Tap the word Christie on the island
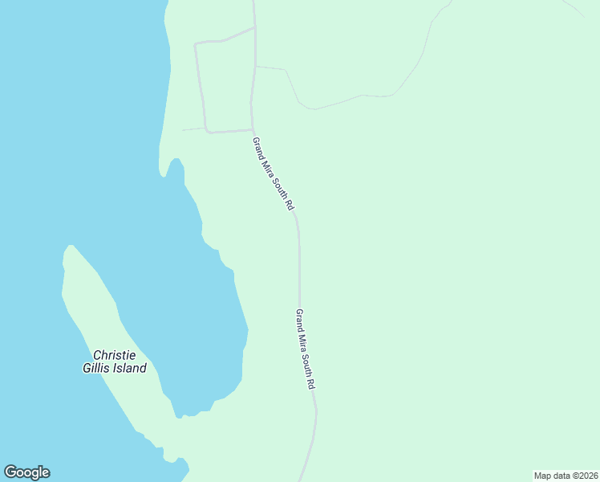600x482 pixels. point(114,355)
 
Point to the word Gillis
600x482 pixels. point(96,369)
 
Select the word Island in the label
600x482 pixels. point(129,369)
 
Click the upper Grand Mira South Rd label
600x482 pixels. point(274,174)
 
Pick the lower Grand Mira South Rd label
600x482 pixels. point(305,349)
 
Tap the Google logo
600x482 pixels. point(26,472)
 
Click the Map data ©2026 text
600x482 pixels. point(566,476)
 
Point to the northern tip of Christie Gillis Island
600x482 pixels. point(71,247)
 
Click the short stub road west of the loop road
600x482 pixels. point(193,129)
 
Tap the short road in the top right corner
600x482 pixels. point(574,7)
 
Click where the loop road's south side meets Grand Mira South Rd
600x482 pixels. point(253,129)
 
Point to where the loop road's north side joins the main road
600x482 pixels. point(255,28)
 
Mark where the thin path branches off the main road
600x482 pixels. point(256,67)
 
